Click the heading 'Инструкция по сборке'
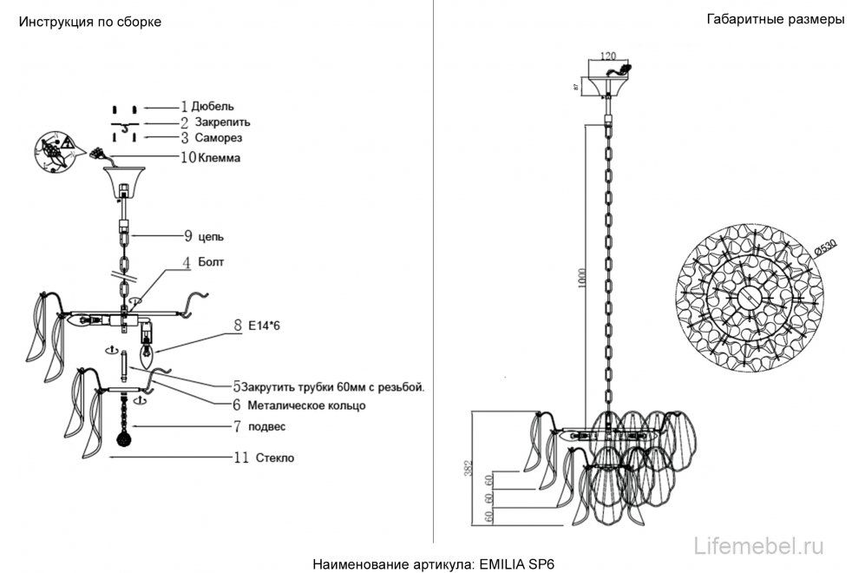[89, 22]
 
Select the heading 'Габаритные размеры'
[776, 20]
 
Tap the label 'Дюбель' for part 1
[213, 106]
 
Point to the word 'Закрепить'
[222, 122]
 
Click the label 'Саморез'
[218, 138]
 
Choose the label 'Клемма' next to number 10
[219, 158]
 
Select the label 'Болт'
[213, 261]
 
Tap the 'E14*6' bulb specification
[265, 326]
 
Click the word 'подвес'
[265, 426]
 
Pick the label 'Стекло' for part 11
[274, 458]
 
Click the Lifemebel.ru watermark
[760, 545]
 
